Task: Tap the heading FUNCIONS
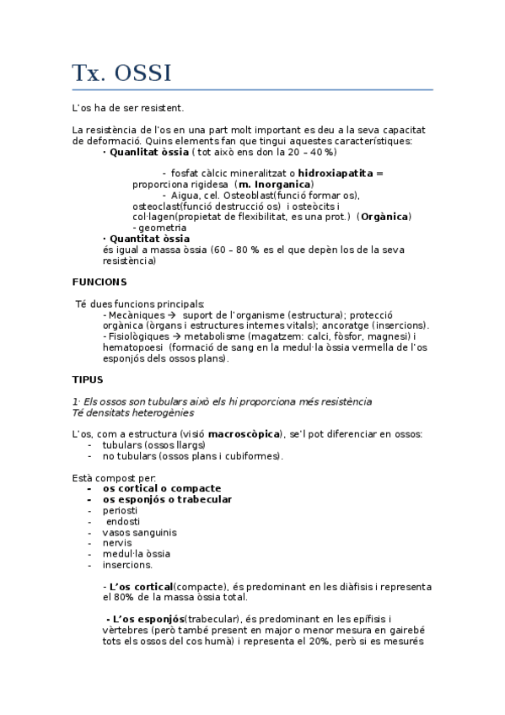tap(99, 282)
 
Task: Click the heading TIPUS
tap(87, 379)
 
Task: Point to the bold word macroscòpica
tap(244, 433)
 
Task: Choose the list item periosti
tap(120, 510)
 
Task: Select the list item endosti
tap(123, 521)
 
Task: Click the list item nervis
tap(116, 543)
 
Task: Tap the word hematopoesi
tap(132, 347)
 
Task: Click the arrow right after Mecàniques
tap(172, 314)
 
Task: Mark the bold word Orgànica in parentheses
tap(384, 217)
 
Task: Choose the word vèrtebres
tap(126, 629)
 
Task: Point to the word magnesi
tap(392, 336)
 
